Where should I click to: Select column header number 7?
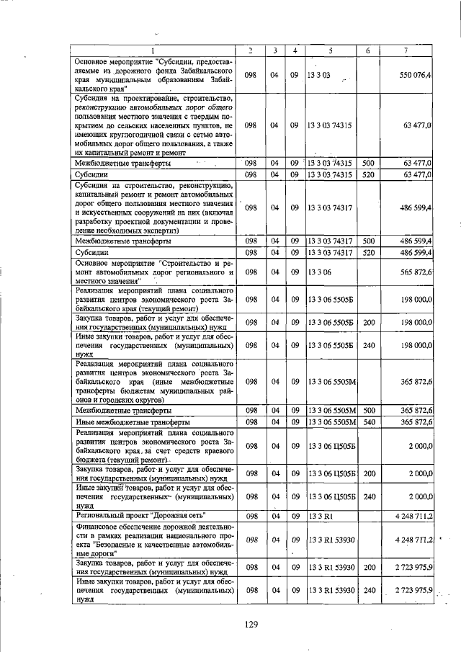pyautogui.click(x=408, y=50)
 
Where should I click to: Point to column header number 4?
pyautogui.click(x=295, y=50)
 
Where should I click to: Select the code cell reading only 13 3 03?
pyautogui.click(x=318, y=75)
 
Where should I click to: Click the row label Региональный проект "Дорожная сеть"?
pyautogui.click(x=140, y=516)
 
